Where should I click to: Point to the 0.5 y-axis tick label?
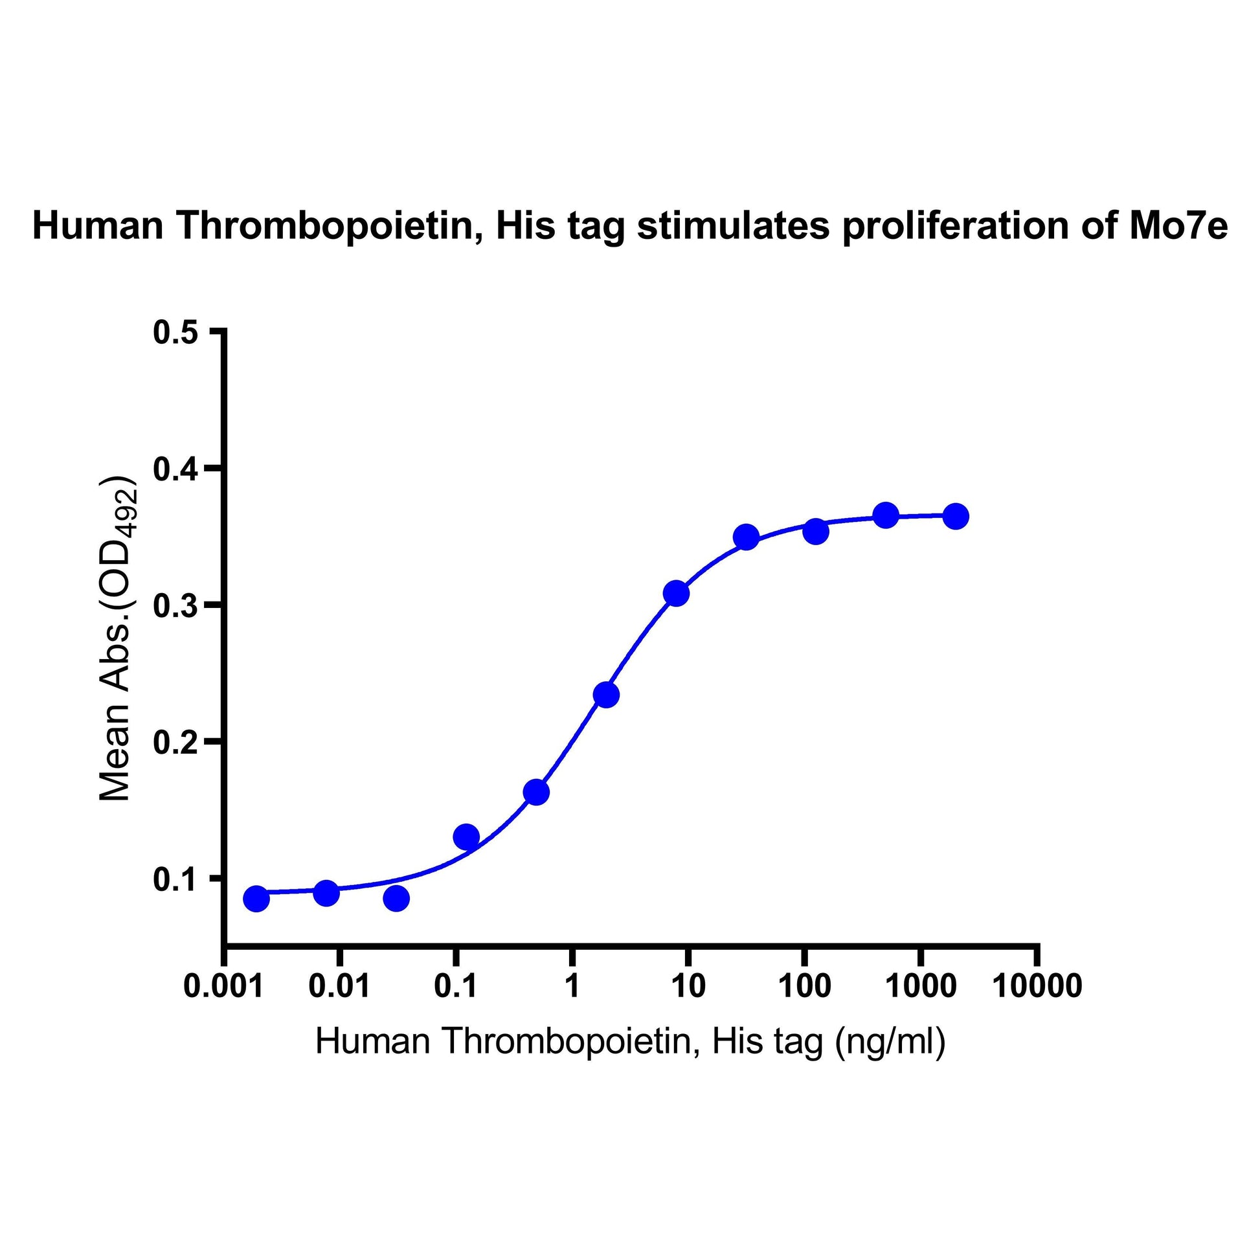[x=175, y=333]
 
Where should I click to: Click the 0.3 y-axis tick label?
[x=175, y=606]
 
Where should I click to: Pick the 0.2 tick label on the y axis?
[x=175, y=742]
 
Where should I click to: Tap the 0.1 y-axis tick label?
[x=175, y=879]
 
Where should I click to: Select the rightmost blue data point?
[x=956, y=517]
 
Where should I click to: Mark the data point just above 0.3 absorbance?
[x=677, y=594]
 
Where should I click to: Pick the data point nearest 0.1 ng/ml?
[x=466, y=836]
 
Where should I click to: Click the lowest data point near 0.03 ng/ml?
[x=396, y=899]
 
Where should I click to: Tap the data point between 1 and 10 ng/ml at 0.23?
[x=607, y=696]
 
